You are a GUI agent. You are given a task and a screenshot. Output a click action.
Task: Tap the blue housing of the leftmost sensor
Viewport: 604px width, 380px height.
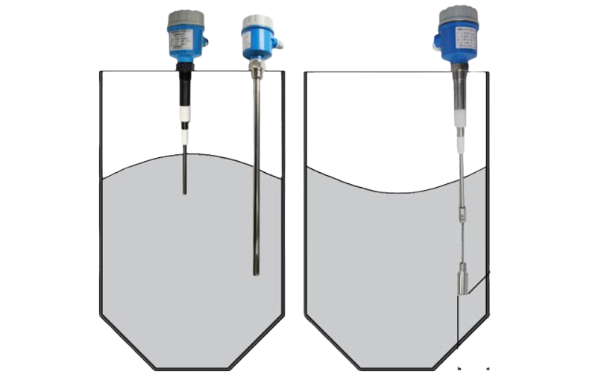[186, 42]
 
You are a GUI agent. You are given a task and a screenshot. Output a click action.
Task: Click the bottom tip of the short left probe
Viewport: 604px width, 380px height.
[185, 192]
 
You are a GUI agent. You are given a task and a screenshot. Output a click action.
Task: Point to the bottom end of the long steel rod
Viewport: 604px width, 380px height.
[257, 272]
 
